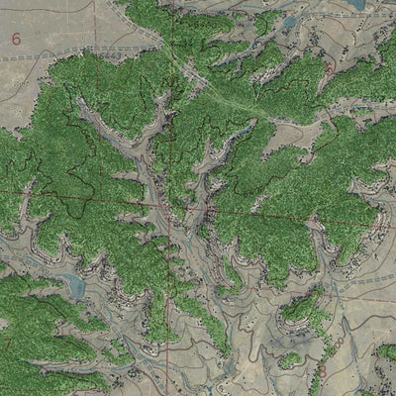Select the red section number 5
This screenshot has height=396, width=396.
click(328, 70)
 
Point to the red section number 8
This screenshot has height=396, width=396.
click(321, 371)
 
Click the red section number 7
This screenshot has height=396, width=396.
click(8, 346)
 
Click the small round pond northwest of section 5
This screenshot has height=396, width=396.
click(290, 22)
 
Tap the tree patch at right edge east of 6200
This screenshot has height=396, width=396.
click(386, 351)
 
